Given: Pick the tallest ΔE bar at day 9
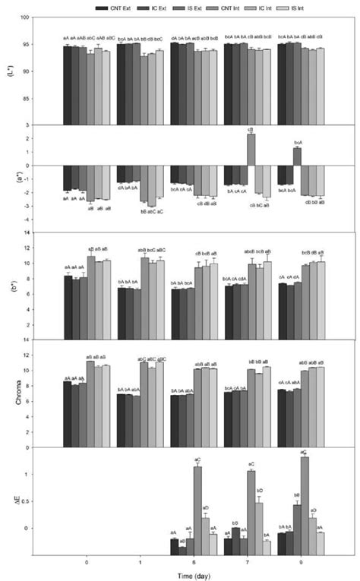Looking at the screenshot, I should [305, 493].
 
